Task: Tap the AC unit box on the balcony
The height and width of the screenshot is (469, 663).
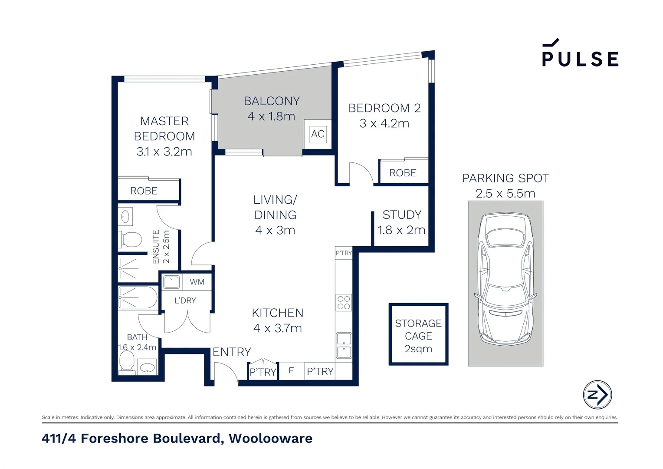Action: coord(318,134)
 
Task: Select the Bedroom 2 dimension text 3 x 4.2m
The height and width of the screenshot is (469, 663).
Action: coord(384,123)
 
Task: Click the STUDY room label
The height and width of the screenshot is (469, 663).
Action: coord(402,215)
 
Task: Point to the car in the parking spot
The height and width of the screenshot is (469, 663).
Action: coord(505,280)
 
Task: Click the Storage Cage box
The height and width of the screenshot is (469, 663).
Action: coord(418,334)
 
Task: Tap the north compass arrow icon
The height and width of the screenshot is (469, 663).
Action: coord(597,395)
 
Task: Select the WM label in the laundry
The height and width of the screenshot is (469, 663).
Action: coord(197,282)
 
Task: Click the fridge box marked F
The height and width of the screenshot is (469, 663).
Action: coord(291,371)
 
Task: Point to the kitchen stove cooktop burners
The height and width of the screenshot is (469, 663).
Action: coord(344,302)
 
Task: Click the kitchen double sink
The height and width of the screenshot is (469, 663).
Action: coord(344,345)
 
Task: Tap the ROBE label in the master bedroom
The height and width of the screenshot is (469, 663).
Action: coord(144,191)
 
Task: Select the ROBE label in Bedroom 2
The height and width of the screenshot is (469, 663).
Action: coord(403,173)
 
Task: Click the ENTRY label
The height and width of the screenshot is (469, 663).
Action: coord(232,352)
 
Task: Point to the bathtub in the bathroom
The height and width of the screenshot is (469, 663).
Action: coord(138,297)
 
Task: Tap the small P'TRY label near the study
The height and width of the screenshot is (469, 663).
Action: coord(344,253)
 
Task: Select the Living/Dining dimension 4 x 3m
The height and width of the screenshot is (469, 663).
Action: coord(275,230)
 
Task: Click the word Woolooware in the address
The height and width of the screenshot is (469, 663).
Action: coord(270,438)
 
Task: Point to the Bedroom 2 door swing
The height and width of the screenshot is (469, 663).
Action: coord(361,173)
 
